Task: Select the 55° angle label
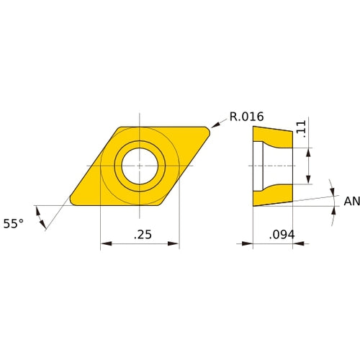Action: pyautogui.click(x=14, y=224)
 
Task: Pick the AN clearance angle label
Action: pyautogui.click(x=351, y=202)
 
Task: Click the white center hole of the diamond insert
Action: pyautogui.click(x=140, y=166)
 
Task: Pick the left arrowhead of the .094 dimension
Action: pyautogui.click(x=256, y=243)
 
